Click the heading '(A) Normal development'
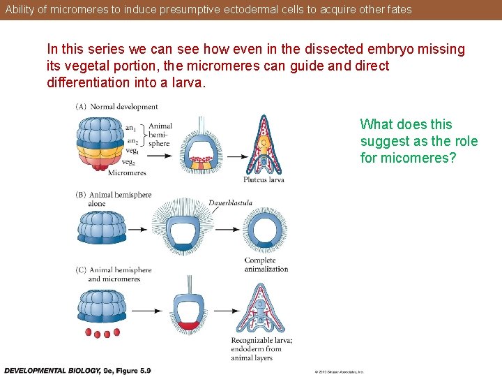point(116,107)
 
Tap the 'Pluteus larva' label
point(264,180)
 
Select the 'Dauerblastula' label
point(230,203)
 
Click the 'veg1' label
point(131,150)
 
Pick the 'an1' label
point(130,128)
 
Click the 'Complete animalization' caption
point(266,265)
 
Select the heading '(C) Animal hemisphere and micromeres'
point(113,274)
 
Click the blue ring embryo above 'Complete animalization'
point(264,231)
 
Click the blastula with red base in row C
point(188,310)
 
